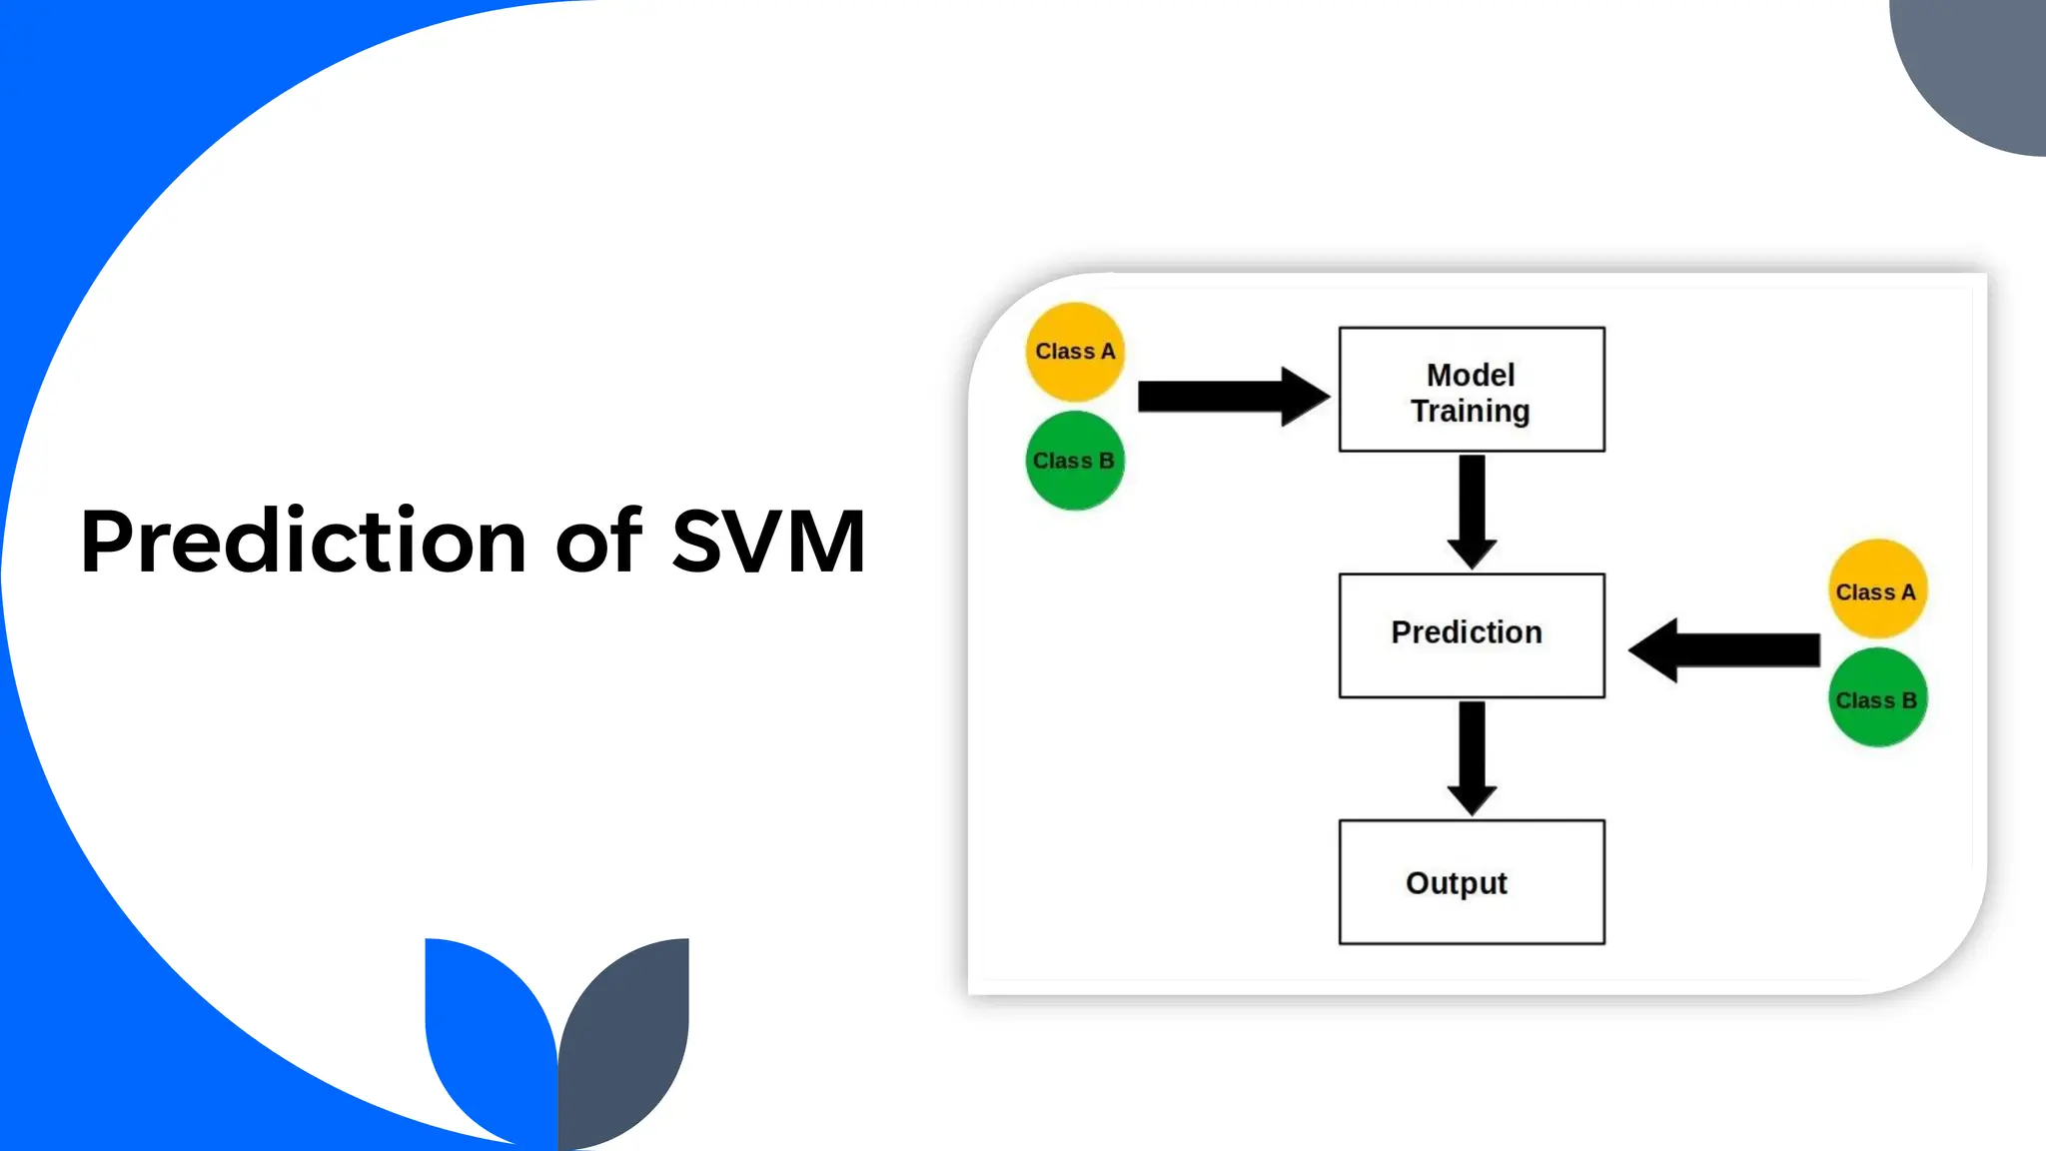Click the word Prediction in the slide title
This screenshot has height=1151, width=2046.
[303, 542]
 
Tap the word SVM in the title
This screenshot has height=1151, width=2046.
[767, 542]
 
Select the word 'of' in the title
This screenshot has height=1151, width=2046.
[597, 542]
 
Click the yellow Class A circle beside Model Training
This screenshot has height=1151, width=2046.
[1075, 352]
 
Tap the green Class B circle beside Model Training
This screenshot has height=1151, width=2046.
[1075, 461]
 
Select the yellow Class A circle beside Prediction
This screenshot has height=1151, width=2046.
[1877, 589]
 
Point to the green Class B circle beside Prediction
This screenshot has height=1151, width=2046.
[1877, 698]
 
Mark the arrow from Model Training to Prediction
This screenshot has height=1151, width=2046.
[1472, 511]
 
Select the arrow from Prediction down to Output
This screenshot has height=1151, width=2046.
[1472, 757]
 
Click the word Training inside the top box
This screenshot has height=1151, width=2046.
[1471, 411]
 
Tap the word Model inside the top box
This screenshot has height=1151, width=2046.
[1471, 375]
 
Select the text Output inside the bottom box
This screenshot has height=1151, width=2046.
[1457, 883]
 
